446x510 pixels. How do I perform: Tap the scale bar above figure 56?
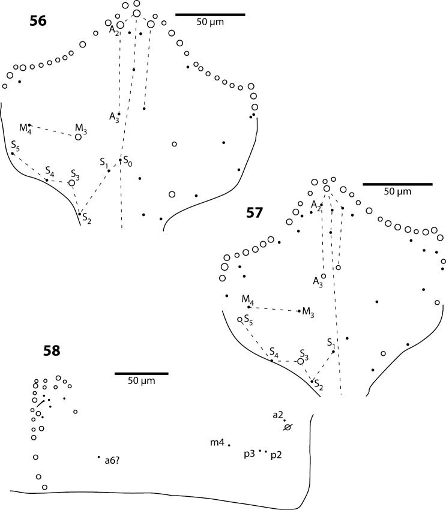click(210, 13)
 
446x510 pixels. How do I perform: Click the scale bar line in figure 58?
click(141, 373)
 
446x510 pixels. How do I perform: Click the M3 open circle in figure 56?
click(78, 137)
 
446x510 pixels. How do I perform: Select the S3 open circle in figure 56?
click(72, 183)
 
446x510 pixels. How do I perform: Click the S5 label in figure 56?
click(15, 145)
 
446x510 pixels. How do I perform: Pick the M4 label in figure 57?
click(247, 298)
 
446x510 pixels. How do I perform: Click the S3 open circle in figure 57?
click(301, 361)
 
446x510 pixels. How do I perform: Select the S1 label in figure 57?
click(331, 343)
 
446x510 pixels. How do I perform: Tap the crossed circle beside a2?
click(288, 427)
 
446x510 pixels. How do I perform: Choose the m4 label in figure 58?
click(217, 443)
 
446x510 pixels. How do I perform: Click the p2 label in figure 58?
click(276, 455)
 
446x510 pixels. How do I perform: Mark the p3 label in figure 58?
click(249, 455)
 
